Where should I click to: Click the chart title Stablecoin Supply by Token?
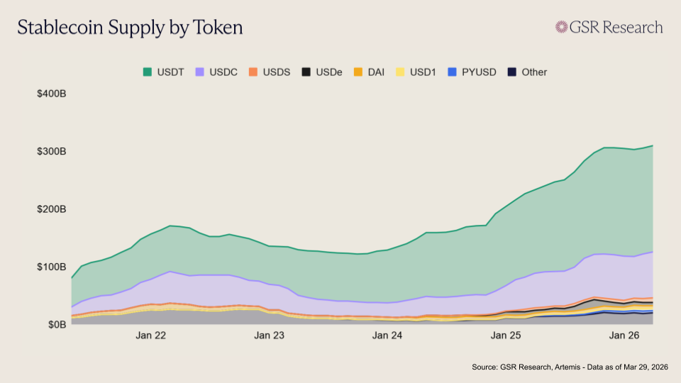(x=130, y=28)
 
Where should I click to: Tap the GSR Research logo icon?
(x=562, y=28)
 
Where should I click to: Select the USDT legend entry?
(x=164, y=72)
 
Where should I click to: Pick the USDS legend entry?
(x=270, y=72)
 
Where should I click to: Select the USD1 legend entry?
(x=416, y=72)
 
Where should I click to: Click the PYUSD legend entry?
(x=472, y=72)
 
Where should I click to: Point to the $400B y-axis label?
(x=52, y=94)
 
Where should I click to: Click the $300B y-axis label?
(x=52, y=152)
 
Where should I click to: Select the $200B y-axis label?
(x=52, y=209)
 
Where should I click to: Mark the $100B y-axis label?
(x=52, y=267)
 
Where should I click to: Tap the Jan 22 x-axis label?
(x=150, y=335)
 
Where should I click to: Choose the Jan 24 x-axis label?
(x=388, y=335)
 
